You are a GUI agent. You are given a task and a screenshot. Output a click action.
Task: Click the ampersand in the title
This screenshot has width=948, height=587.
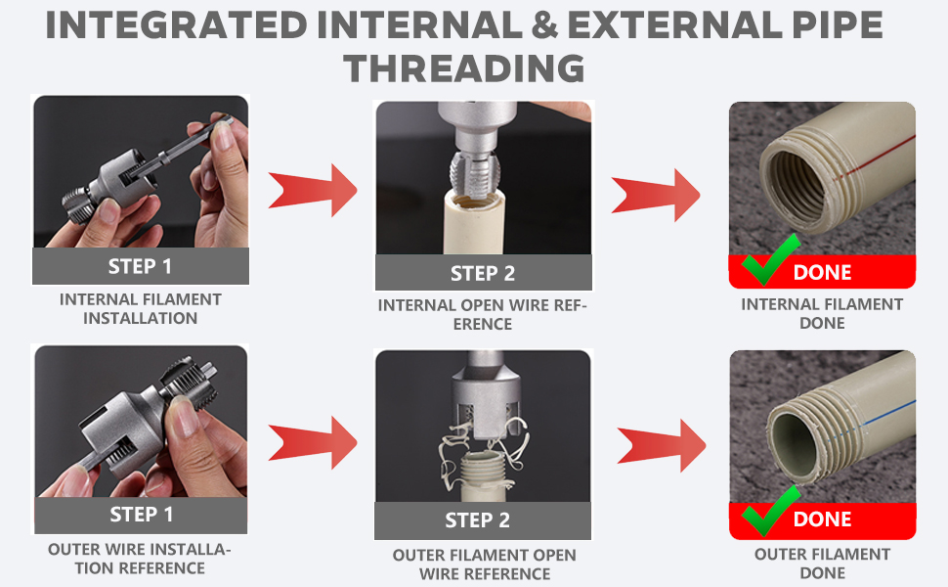pos(544,25)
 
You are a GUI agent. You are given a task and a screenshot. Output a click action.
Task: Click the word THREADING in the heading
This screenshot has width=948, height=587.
pos(464,68)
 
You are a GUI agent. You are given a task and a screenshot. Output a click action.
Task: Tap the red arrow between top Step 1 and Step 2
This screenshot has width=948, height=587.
pos(313,190)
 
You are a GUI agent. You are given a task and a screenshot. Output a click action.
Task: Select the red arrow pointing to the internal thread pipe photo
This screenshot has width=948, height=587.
pos(656,195)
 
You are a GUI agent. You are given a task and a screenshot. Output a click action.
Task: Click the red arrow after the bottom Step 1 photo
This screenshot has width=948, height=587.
pos(313,442)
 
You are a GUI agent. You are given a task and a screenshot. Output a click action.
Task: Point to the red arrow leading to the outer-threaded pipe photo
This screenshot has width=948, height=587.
pos(662,446)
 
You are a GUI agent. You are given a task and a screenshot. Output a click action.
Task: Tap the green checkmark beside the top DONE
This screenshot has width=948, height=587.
pos(770,260)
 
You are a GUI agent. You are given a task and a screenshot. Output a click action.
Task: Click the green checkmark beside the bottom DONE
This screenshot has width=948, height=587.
pos(770,512)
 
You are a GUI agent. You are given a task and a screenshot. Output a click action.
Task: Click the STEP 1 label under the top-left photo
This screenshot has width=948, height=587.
pos(140,266)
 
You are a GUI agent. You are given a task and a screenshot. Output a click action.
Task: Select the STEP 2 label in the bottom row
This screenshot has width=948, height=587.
pos(477,520)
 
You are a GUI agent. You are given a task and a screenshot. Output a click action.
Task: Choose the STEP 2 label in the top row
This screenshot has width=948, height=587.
pos(483,274)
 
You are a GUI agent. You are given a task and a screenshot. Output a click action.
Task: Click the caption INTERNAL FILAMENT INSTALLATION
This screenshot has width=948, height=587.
pos(141,308)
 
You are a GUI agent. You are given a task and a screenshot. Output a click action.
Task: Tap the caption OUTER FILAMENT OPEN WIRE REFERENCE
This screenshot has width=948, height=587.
pos(485,564)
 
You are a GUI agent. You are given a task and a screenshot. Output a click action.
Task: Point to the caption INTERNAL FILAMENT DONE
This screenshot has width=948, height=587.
pos(822,313)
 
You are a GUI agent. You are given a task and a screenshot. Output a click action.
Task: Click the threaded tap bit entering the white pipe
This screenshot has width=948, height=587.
pos(476,175)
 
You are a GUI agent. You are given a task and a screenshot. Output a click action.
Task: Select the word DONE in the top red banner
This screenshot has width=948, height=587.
pos(822,273)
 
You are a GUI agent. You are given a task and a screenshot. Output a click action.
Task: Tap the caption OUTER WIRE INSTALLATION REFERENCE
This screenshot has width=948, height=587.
pos(139,559)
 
